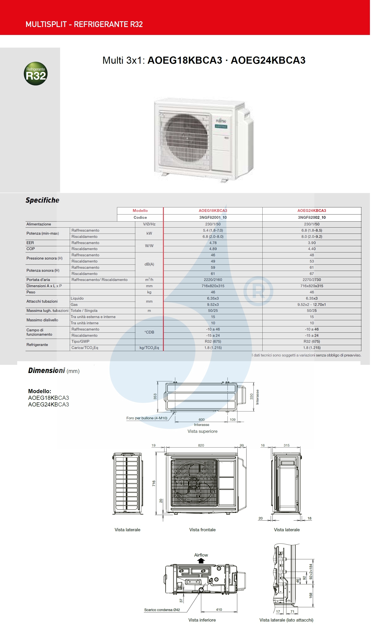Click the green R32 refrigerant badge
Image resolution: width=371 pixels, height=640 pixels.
[x=36, y=74]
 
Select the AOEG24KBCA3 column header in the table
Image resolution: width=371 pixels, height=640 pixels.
[x=312, y=211]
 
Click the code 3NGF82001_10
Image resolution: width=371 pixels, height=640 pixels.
[x=213, y=217]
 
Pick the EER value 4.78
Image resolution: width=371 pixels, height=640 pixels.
[x=213, y=243]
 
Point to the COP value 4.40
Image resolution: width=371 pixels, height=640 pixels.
[x=312, y=249]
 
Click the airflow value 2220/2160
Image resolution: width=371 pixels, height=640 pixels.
[x=213, y=280]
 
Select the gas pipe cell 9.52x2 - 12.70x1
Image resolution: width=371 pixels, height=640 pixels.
[x=312, y=305]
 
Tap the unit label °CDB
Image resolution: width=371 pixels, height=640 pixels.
[x=149, y=332]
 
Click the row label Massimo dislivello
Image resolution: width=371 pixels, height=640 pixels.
[x=43, y=320]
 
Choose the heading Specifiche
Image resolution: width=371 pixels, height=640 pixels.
[x=43, y=200]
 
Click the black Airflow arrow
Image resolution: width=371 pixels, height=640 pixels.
[x=201, y=561]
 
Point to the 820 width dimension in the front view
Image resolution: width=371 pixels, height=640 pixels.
[x=201, y=445]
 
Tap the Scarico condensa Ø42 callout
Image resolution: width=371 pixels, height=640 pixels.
[x=162, y=610]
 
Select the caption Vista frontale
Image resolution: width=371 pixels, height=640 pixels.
[x=202, y=530]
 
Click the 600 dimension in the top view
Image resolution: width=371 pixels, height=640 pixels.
[x=202, y=420]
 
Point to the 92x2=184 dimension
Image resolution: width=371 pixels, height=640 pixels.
[x=311, y=571]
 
